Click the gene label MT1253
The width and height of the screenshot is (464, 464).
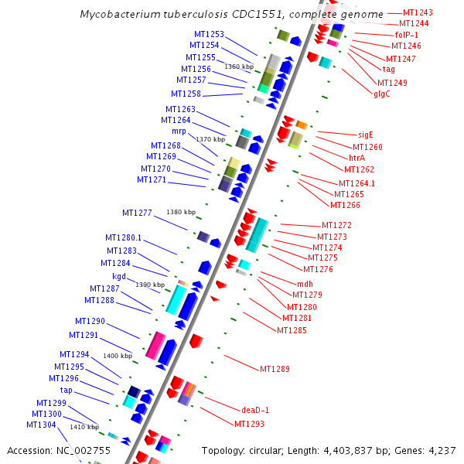pos(209,34)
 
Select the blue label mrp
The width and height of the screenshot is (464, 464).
pos(179,131)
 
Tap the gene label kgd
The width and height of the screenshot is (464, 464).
pos(119,276)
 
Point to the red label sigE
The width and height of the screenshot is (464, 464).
pos(366,135)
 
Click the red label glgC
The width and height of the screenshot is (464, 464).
pos(382,94)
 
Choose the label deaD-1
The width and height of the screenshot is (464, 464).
pos(254,409)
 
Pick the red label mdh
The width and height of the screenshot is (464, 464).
pos(305,284)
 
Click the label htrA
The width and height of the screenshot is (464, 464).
pos(357,158)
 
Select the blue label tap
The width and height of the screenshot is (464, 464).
pos(67,391)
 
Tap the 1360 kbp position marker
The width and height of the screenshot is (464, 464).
pos(238,67)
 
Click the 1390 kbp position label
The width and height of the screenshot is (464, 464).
pos(150,285)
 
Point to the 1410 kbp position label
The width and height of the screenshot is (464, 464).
pos(84,426)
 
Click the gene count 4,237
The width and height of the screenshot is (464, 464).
pos(442,450)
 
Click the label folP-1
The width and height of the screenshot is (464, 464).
pos(407,35)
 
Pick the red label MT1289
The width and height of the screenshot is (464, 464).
pos(275,369)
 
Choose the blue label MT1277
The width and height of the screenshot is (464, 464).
pos(137,213)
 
